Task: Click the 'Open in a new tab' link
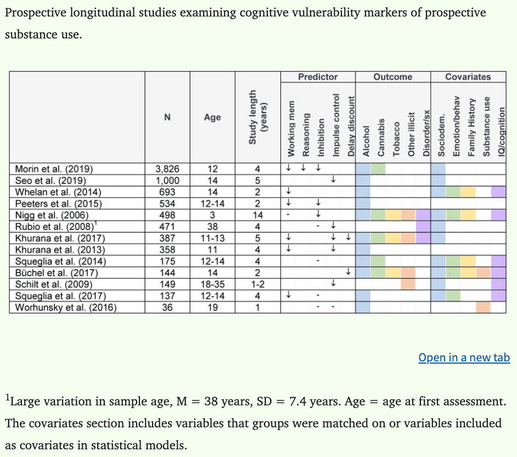point(464,358)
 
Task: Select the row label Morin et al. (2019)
point(54,169)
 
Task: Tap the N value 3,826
point(167,169)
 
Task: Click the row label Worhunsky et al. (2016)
point(66,308)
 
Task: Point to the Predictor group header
point(318,77)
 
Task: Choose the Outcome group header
point(392,77)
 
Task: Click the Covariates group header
point(468,77)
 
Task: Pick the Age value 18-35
point(212,285)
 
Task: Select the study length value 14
point(257,215)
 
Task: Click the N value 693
point(167,192)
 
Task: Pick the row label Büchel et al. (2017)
point(57,273)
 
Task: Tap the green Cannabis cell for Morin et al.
point(378,169)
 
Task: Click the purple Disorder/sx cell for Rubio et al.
point(423,226)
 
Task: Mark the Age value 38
point(212,226)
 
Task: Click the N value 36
point(167,308)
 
